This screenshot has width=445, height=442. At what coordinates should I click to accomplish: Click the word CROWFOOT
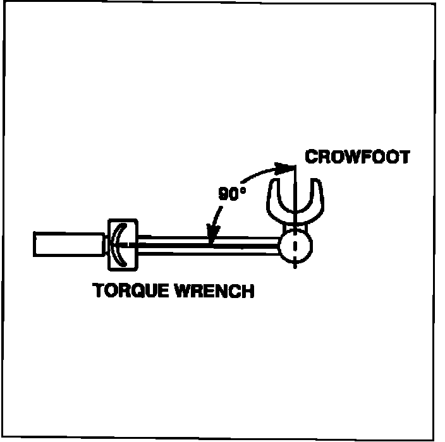pos(357,156)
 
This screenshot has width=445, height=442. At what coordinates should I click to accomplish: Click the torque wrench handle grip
pos(68,244)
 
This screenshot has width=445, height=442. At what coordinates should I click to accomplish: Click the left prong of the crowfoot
pos(273,196)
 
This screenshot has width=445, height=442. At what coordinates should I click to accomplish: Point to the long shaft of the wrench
pos(209,244)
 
